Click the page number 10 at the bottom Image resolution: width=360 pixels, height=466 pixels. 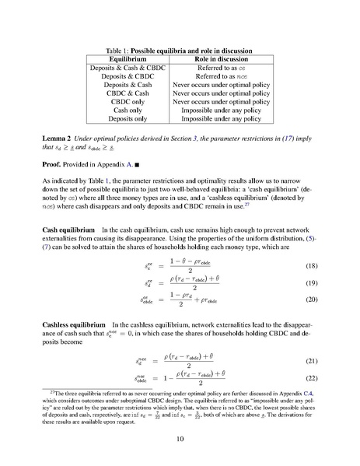180,439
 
